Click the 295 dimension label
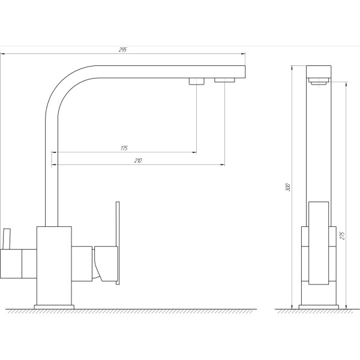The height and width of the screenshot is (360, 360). tap(122, 50)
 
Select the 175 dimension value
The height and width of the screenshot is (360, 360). tap(124, 148)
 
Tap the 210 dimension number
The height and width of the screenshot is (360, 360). tap(138, 160)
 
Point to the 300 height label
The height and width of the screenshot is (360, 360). tap(288, 187)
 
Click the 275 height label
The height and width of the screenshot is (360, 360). tap(342, 236)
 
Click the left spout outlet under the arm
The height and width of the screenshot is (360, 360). tap(197, 81)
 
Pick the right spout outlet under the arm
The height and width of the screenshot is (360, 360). tap(224, 80)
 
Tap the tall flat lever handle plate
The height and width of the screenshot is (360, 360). tap(118, 243)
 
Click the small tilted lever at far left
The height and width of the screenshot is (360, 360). tap(7, 239)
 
